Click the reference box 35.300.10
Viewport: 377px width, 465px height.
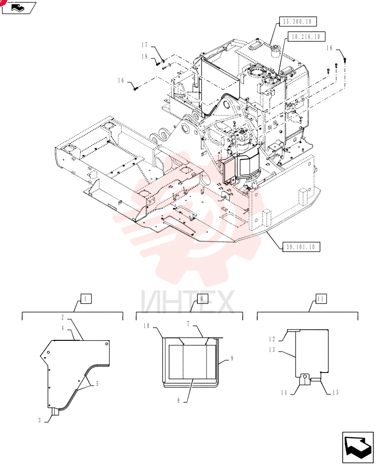[x=297, y=21]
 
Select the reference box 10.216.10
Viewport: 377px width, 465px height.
[x=306, y=36]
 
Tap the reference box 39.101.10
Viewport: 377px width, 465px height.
[x=300, y=247]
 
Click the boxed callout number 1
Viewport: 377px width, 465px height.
[x=85, y=299]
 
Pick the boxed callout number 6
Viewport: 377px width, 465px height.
[x=202, y=299]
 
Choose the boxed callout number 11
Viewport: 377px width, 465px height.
[x=320, y=299]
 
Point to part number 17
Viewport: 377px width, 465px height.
[x=144, y=45]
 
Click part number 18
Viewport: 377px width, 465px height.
[x=144, y=56]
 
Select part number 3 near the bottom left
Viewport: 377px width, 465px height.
[x=39, y=420]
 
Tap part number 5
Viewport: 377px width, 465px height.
[x=97, y=384]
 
